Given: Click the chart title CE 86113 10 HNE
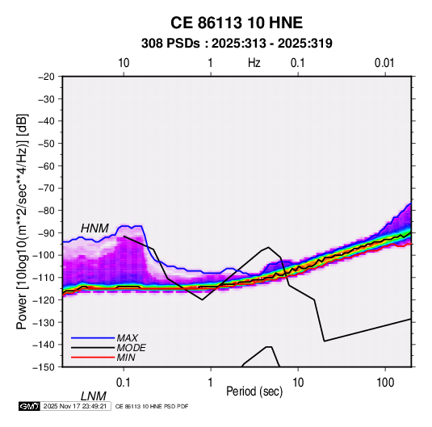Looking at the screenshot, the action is click(237, 23).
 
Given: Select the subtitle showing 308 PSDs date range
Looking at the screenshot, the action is click(237, 44).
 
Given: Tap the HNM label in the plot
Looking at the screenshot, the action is click(94, 228).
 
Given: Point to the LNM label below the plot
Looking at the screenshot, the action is click(93, 396).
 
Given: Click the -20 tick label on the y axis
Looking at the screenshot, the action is click(46, 77).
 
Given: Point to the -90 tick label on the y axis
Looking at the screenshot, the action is click(46, 233).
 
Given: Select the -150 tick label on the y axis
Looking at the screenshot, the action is click(44, 367).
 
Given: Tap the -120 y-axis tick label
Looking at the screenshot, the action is click(44, 300).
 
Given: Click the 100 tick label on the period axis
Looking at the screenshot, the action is click(384, 383).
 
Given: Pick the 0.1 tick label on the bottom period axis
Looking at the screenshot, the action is click(124, 383).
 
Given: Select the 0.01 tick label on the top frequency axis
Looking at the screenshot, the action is click(384, 63).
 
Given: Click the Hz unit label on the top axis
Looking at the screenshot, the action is click(254, 63).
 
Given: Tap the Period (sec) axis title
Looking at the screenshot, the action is click(254, 391).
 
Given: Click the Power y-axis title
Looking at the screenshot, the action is click(22, 221).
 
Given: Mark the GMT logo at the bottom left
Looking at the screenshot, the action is click(29, 406).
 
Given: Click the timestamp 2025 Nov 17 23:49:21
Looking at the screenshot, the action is click(75, 406).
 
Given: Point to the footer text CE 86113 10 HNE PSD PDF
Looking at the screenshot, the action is click(152, 406).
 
